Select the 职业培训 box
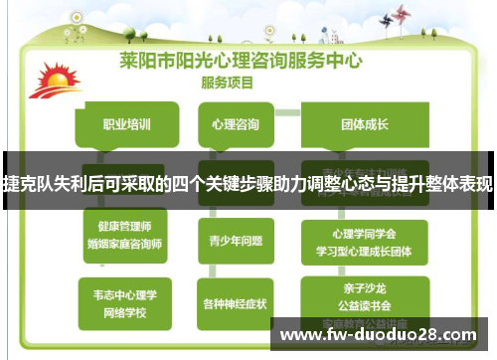pos(126,125)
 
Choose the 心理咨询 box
pos(237,125)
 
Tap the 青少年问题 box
pos(237,239)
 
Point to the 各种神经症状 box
pos(237,302)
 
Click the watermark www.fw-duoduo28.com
pos(383,335)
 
